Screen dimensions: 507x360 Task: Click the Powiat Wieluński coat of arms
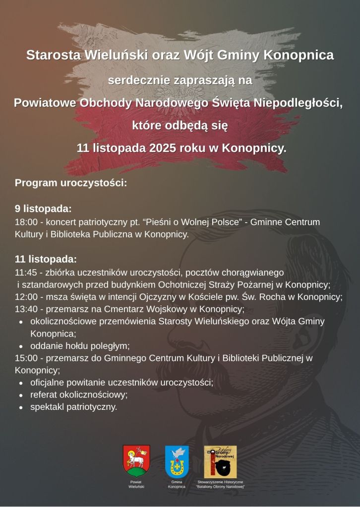pyautogui.click(x=136, y=461)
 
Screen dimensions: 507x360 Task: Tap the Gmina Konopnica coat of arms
pyautogui.click(x=177, y=461)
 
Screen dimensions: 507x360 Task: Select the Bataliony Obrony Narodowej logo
pyautogui.click(x=220, y=461)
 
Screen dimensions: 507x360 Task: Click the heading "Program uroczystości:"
pyautogui.click(x=71, y=182)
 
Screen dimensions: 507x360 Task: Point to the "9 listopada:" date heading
pyautogui.click(x=43, y=208)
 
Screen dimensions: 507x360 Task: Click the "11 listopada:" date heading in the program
pyautogui.click(x=46, y=259)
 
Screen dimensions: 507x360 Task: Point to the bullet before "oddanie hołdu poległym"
pyautogui.click(x=21, y=346)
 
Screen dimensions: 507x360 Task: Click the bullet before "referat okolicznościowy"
pyautogui.click(x=21, y=395)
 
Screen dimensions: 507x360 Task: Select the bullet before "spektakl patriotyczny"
pyautogui.click(x=21, y=407)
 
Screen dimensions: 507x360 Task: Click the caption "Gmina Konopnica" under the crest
pyautogui.click(x=177, y=484)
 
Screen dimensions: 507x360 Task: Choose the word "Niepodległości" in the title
pyautogui.click(x=302, y=103)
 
